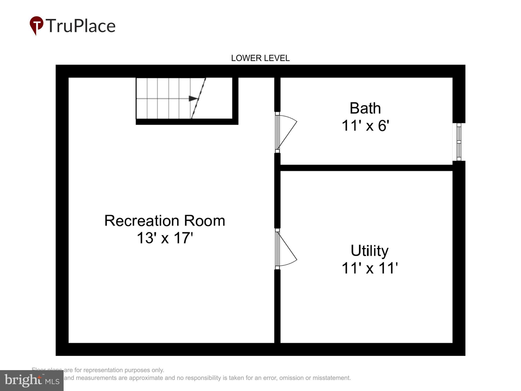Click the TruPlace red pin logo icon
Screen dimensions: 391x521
36,25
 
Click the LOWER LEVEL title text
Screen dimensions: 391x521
260,58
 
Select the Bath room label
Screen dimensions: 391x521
365,108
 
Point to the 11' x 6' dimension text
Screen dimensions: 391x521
365,125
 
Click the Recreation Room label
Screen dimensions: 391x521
165,220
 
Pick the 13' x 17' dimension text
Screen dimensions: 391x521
165,238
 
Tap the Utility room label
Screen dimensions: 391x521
369,251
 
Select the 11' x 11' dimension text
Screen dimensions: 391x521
369,268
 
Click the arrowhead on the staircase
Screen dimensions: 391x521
193,99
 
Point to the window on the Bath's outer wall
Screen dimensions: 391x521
459,142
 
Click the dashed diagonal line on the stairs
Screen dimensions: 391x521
198,99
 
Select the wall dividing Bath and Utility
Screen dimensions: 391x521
366,168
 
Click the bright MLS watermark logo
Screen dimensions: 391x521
32,380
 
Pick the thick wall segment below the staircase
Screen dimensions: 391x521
187,122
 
